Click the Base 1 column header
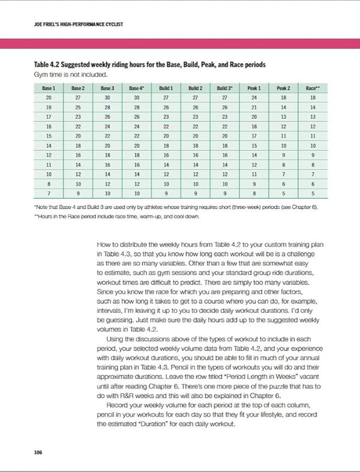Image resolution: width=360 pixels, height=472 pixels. (47, 88)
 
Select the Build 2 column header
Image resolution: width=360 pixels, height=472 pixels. (193, 88)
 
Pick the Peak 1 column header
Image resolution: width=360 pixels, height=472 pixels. (255, 88)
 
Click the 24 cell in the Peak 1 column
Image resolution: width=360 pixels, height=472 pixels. (255, 97)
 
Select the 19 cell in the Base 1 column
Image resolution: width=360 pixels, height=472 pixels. (47, 107)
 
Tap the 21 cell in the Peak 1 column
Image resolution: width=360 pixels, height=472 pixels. (255, 107)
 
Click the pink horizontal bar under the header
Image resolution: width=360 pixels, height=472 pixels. (180, 44)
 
